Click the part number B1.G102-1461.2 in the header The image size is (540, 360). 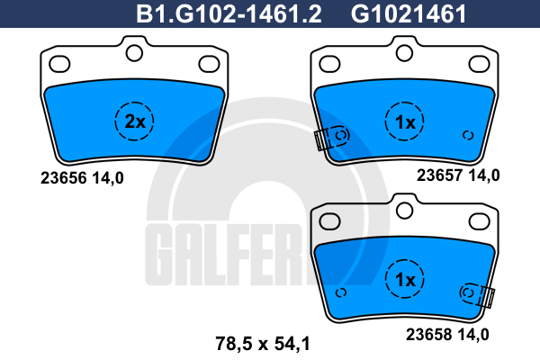click(x=229, y=13)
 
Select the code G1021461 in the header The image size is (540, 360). click(x=409, y=13)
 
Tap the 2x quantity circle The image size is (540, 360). click(x=134, y=121)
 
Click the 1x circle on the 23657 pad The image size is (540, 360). click(x=405, y=121)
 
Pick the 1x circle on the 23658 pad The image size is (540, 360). click(x=405, y=279)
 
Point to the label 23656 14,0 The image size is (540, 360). click(x=82, y=178)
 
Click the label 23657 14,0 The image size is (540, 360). click(x=458, y=175)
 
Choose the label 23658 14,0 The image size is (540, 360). click(x=447, y=334)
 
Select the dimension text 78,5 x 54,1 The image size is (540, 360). click(x=263, y=344)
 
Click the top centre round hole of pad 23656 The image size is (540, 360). click(x=134, y=53)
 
